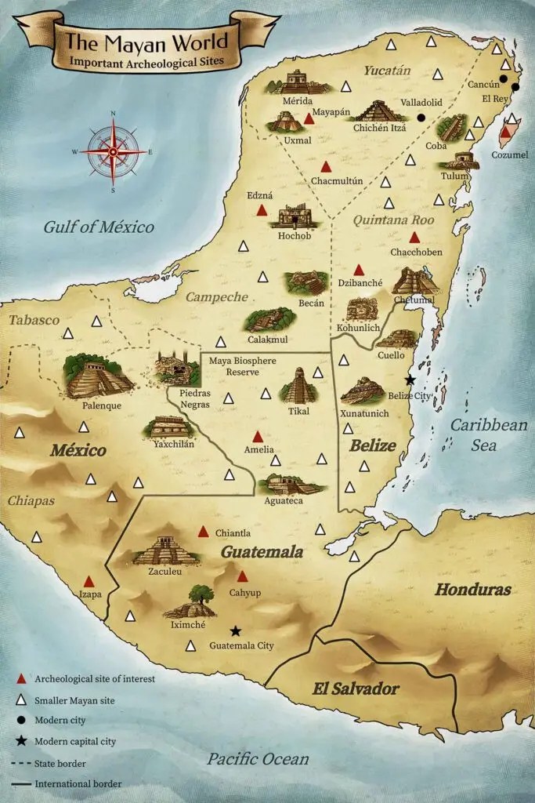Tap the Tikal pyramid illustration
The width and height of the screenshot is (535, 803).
(298, 386)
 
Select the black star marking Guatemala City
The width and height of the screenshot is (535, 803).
(235, 630)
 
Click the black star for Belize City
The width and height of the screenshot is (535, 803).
(410, 380)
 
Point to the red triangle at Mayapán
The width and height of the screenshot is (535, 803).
(309, 119)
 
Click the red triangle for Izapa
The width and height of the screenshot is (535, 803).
(89, 582)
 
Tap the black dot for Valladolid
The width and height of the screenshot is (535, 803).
(421, 118)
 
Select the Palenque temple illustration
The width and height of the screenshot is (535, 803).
(99, 376)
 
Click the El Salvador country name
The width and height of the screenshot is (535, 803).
(356, 689)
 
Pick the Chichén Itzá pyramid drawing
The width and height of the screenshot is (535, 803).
(378, 111)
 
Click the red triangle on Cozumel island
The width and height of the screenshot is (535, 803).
(505, 133)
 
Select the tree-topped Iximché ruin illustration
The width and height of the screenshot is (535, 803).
(190, 604)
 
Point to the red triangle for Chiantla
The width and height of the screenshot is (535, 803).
(203, 532)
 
